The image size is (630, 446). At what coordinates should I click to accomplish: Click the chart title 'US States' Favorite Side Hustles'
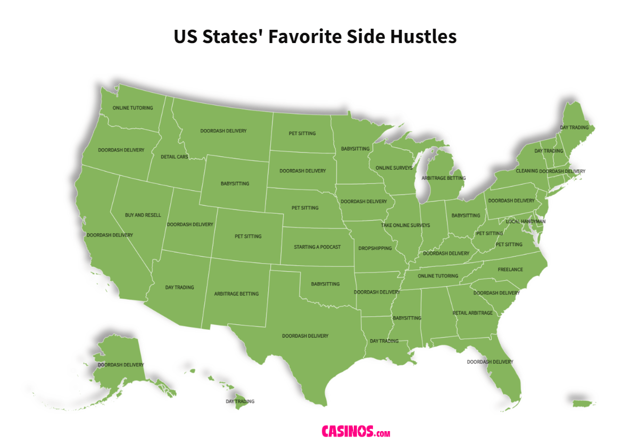[315, 37]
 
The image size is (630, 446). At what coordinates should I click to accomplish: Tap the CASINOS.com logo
[356, 431]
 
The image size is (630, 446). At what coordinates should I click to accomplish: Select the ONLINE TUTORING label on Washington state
[132, 108]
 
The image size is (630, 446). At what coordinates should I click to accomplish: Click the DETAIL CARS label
[175, 157]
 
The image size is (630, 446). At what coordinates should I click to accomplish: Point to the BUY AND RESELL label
[143, 215]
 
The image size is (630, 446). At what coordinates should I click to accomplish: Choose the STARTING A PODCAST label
[317, 247]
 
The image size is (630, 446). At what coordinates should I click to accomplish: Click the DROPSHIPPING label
[375, 248]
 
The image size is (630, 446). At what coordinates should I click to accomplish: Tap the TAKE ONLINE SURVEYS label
[405, 225]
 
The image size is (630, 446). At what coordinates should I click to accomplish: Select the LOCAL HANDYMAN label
[525, 222]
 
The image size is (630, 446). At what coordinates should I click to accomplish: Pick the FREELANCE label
[510, 270]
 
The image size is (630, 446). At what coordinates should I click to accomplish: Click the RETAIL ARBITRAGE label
[473, 313]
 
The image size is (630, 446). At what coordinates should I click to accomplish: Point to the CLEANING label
[527, 171]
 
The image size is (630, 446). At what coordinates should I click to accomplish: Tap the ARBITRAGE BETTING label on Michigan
[443, 178]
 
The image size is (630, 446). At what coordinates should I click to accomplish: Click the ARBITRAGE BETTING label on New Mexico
[236, 293]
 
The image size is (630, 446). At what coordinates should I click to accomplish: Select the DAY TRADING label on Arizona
[179, 288]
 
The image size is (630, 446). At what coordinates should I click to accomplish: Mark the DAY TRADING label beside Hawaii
[240, 401]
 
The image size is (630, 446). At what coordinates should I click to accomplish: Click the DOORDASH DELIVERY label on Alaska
[121, 365]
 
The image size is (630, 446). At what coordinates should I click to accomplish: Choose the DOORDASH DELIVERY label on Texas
[305, 336]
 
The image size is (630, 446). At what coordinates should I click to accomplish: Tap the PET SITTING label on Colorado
[248, 236]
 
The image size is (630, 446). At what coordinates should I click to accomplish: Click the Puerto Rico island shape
[582, 403]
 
